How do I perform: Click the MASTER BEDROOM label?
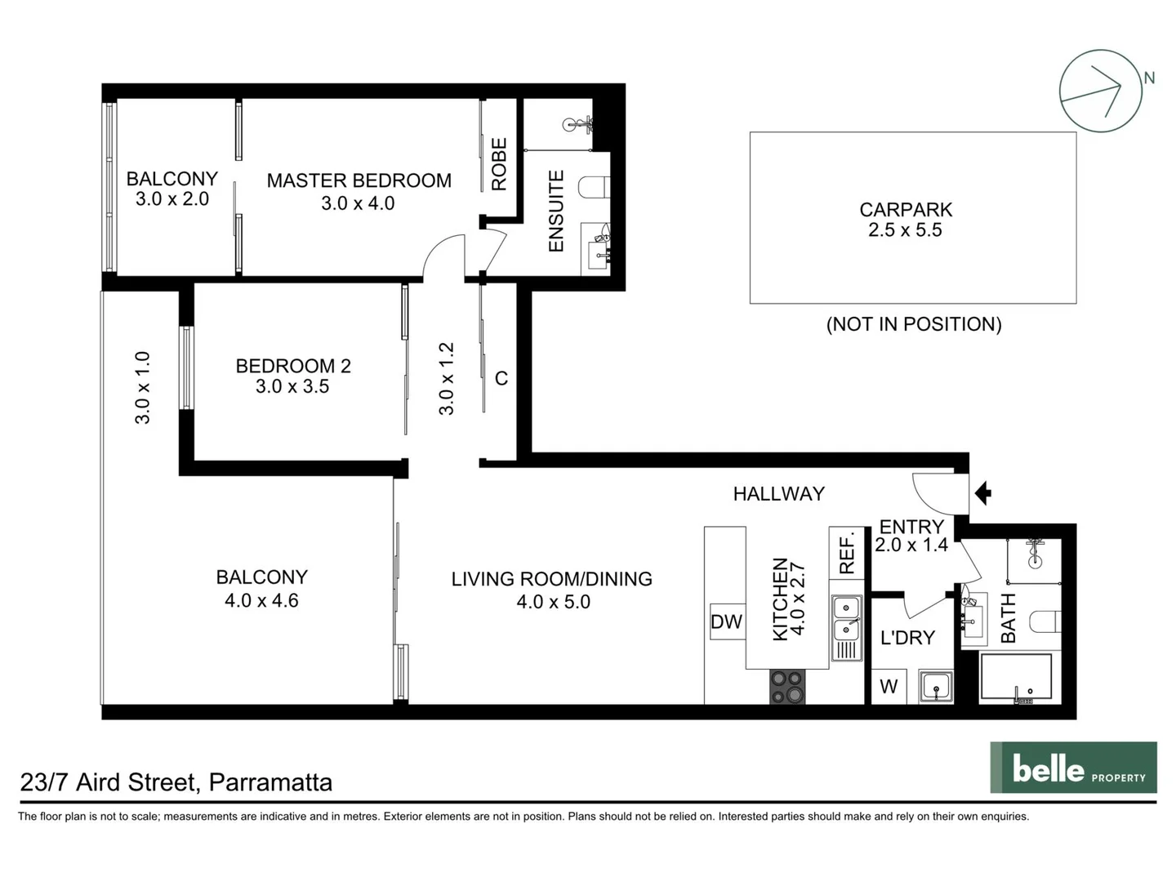(x=359, y=180)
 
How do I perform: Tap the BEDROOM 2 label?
(x=293, y=366)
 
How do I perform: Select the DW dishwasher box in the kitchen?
(x=726, y=621)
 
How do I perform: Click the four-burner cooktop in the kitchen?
(x=787, y=687)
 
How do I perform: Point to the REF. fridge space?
(x=847, y=553)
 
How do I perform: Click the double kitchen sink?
(x=846, y=618)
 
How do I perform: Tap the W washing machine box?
(x=889, y=687)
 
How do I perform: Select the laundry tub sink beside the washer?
(x=935, y=686)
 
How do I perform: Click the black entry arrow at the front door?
(x=983, y=493)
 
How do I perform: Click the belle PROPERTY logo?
(x=1073, y=768)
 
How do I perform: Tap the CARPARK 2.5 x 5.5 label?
(x=906, y=220)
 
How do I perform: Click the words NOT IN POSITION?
(x=914, y=324)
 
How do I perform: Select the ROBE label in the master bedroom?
(x=499, y=164)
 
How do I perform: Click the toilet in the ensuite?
(x=595, y=188)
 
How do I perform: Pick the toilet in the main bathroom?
(x=1045, y=621)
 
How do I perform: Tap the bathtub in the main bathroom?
(x=1016, y=676)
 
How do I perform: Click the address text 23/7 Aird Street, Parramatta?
(x=176, y=782)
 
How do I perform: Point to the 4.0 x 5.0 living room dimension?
(x=553, y=602)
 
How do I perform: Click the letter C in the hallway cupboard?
(x=501, y=378)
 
